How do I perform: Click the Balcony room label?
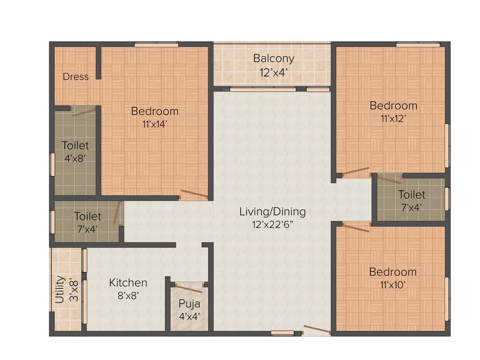pos(274,59)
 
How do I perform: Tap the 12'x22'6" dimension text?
pos(272,224)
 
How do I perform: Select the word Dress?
pos(75,77)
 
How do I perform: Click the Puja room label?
pos(189,303)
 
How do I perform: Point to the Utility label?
pos(60,290)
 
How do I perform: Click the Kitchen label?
pos(128,283)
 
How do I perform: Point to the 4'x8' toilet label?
pos(75,158)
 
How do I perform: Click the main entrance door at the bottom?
pos(317,330)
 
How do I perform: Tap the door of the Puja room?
pos(189,288)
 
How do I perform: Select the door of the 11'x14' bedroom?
pos(194,194)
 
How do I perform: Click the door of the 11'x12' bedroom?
pos(356,172)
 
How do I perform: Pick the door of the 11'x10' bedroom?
pos(356,228)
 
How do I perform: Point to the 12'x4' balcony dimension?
pos(273,73)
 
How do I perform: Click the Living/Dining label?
pos(272,211)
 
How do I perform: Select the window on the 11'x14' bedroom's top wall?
pos(156,45)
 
